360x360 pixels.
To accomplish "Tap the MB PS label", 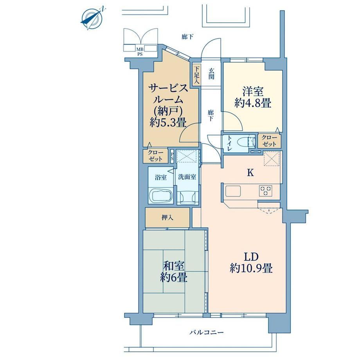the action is click(140, 52).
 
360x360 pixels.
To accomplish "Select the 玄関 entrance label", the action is click(211, 74).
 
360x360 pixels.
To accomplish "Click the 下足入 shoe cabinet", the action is click(196, 75).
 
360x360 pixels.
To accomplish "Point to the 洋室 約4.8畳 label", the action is click(253, 97).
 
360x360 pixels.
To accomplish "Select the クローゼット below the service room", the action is click(156, 156).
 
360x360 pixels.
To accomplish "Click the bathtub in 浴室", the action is click(161, 196).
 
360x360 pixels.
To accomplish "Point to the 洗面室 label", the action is click(187, 177).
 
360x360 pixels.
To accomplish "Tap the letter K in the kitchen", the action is click(250, 173).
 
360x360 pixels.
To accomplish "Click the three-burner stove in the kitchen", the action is click(266, 191).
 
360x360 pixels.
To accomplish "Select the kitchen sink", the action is click(233, 191).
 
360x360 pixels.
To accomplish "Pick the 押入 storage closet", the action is click(167, 218).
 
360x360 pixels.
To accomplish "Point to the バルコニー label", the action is click(207, 332).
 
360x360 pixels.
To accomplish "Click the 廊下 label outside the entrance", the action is click(187, 36).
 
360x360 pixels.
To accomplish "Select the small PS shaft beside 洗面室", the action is click(172, 157).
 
